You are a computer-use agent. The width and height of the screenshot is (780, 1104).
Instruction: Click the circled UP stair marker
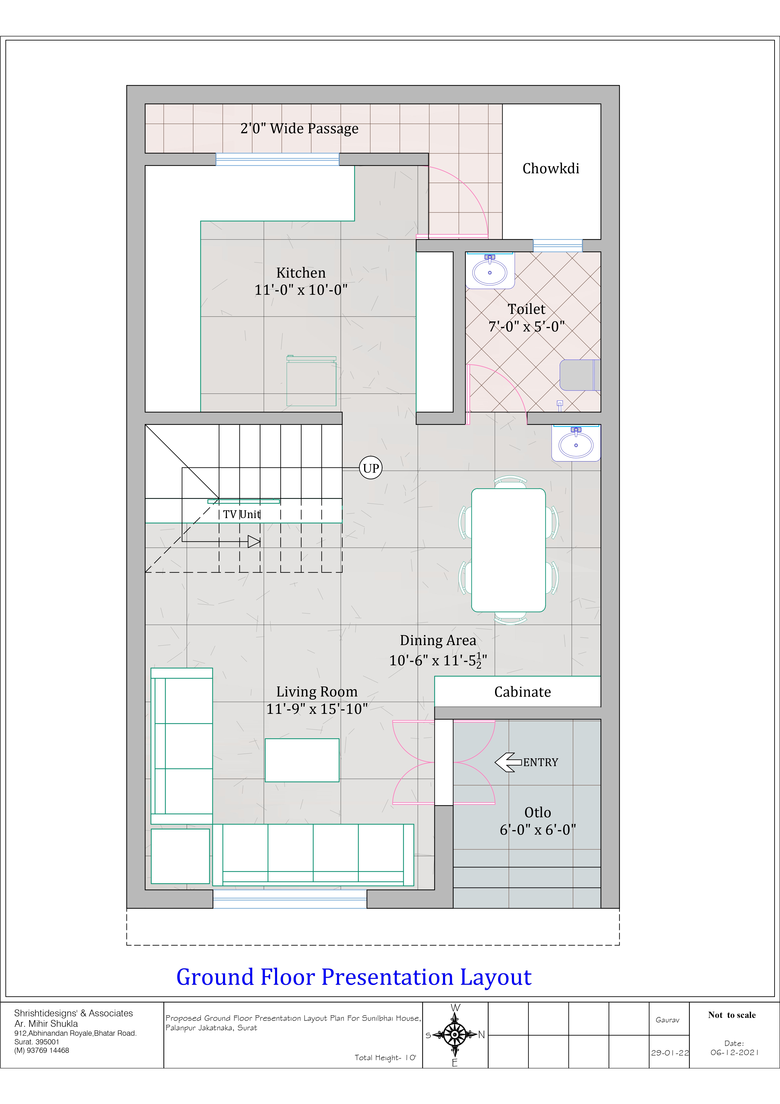(x=371, y=468)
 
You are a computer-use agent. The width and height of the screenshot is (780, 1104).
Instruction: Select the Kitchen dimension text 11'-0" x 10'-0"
(x=301, y=290)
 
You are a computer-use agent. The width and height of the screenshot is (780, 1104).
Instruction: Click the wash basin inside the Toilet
(x=490, y=271)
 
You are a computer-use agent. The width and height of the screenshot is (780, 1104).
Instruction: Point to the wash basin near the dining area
(x=576, y=443)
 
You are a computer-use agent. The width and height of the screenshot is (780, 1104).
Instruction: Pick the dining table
(x=508, y=550)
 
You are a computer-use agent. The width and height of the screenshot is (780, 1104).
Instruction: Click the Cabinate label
(x=522, y=692)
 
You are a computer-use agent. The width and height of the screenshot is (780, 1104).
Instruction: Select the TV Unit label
(x=242, y=515)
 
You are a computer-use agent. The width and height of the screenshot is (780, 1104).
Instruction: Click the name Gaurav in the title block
(x=668, y=1020)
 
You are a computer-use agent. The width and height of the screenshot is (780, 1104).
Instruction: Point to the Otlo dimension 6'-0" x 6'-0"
(x=538, y=830)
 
